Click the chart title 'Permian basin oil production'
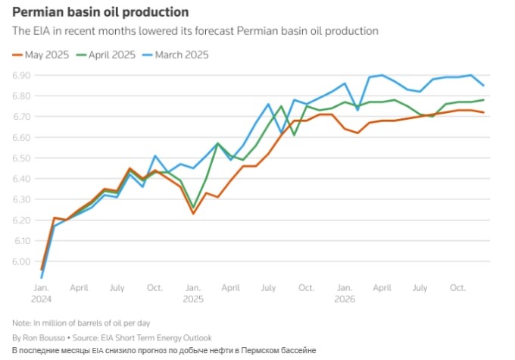pyautogui.click(x=100, y=13)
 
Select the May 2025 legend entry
pyautogui.click(x=42, y=55)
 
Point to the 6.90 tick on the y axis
pyautogui.click(x=22, y=76)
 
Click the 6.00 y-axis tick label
pyautogui.click(x=22, y=261)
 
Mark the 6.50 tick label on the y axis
pyautogui.click(x=22, y=158)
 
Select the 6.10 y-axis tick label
pyautogui.click(x=22, y=241)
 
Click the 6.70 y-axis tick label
pyautogui.click(x=22, y=117)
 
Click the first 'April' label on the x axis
pyautogui.click(x=79, y=289)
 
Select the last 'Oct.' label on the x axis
pyautogui.click(x=457, y=289)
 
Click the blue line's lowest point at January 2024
pyautogui.click(x=41, y=277)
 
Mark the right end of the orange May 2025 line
pyautogui.click(x=483, y=113)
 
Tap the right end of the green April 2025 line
pyautogui.click(x=483, y=100)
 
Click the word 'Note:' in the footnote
pyautogui.click(x=23, y=323)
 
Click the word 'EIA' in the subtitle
pyautogui.click(x=39, y=31)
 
